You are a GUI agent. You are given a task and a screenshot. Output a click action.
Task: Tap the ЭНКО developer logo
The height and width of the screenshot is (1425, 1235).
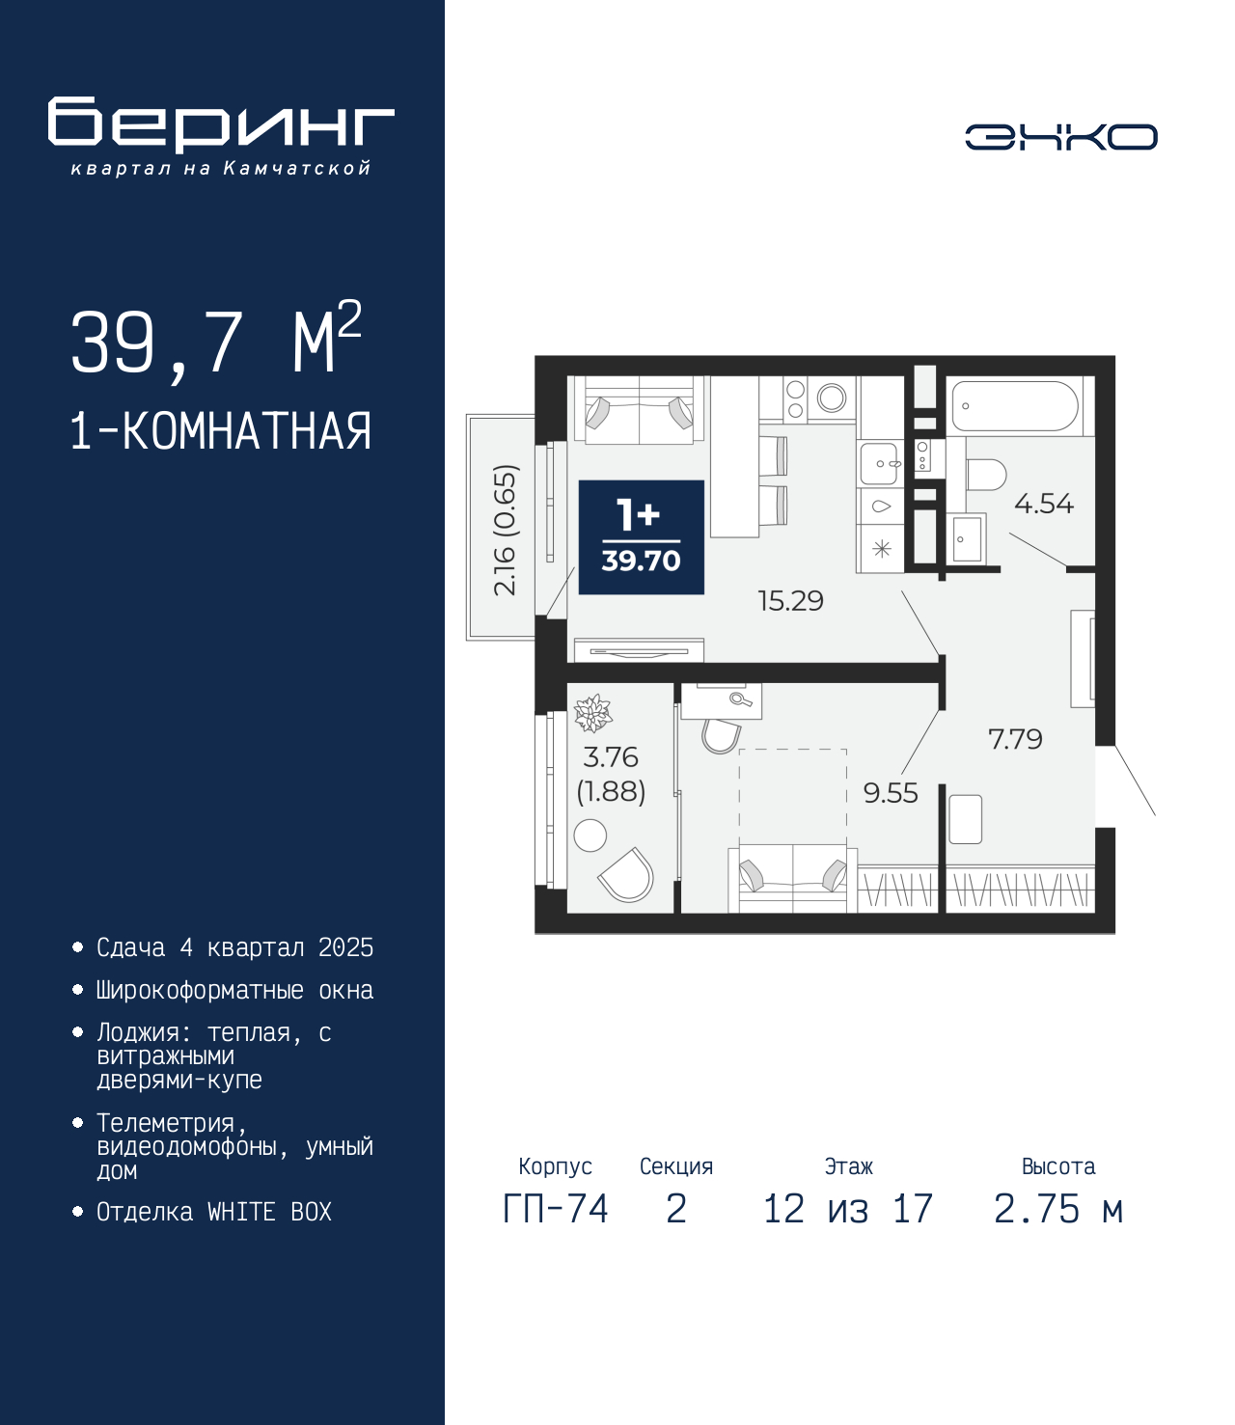click(x=1060, y=136)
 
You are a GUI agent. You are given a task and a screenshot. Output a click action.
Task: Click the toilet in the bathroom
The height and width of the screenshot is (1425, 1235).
click(x=985, y=475)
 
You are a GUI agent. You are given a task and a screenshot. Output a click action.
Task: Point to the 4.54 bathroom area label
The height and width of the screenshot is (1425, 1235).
click(x=1043, y=504)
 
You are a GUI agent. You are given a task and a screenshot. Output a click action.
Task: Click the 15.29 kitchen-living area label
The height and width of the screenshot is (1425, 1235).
click(x=790, y=601)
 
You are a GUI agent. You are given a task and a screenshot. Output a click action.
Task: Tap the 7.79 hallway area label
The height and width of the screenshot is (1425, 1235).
click(x=1015, y=739)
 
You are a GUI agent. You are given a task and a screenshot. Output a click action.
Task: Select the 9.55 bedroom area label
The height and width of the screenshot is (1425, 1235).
click(x=891, y=793)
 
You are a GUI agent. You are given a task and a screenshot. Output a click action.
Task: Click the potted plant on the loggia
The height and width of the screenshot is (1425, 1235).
click(x=593, y=713)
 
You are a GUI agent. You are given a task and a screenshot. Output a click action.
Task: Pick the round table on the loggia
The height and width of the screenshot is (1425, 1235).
click(x=590, y=836)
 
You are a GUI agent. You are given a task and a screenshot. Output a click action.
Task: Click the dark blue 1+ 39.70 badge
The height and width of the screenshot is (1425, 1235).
click(x=642, y=537)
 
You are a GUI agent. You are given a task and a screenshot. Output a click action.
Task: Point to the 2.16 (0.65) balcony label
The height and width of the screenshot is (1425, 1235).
click(x=506, y=530)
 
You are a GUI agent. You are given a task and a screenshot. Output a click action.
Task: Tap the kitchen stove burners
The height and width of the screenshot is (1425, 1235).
click(x=795, y=399)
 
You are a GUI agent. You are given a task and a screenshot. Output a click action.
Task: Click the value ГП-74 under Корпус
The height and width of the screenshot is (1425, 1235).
click(x=555, y=1208)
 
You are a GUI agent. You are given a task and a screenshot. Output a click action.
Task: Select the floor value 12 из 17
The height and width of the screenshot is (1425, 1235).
click(x=848, y=1208)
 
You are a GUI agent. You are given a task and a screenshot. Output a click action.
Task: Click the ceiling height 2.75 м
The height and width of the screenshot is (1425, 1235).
click(x=1058, y=1208)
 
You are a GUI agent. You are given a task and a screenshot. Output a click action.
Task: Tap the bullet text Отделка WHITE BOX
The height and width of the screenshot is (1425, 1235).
click(x=214, y=1212)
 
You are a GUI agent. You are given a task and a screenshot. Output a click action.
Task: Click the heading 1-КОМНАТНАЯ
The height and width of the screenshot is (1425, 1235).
click(x=221, y=431)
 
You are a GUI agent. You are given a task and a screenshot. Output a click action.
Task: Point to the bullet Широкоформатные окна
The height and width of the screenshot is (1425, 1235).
click(x=234, y=990)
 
